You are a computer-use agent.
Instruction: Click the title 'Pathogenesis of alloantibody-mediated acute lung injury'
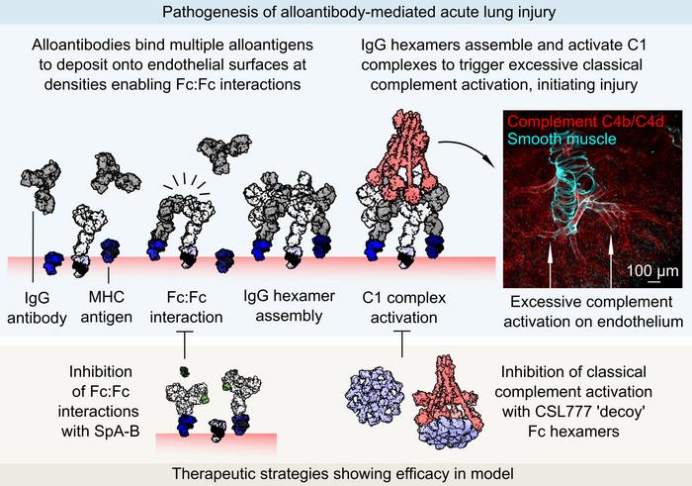click(x=345, y=13)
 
